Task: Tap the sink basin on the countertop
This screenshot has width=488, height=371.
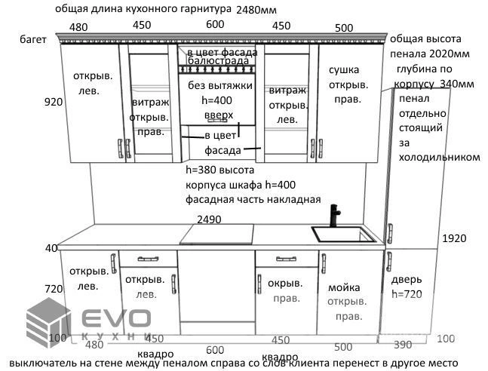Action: click(x=345, y=234)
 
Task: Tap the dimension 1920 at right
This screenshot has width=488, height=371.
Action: click(x=454, y=238)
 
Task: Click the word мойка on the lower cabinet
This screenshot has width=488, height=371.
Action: click(x=344, y=287)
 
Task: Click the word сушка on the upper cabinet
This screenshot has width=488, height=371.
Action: click(x=344, y=70)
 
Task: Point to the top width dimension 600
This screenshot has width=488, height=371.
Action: click(x=216, y=24)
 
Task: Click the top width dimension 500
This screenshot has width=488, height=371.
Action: click(x=344, y=28)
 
